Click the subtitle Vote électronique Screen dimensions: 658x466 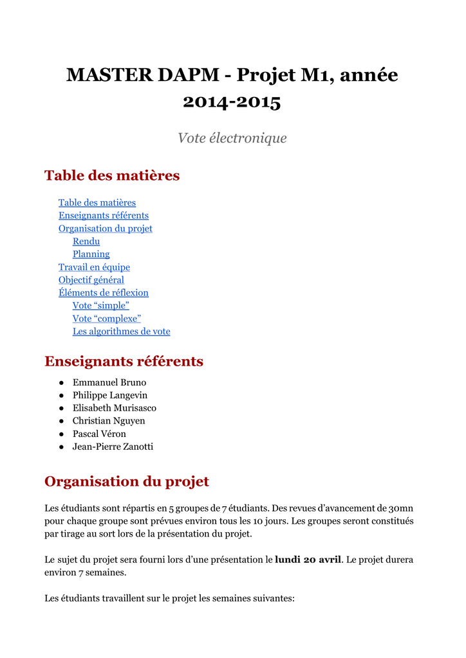coord(232,138)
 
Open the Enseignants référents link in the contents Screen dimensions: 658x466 coord(103,216)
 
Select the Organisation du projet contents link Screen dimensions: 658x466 coord(105,229)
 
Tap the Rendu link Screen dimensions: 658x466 coord(86,242)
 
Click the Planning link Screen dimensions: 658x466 coord(91,254)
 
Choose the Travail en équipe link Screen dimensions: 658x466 coord(94,267)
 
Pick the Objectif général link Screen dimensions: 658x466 coord(91,280)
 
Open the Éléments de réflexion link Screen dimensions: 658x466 coord(103,293)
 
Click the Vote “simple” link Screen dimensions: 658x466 coord(100,306)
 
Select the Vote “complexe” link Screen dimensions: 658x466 coord(106,319)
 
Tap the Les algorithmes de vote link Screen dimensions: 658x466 coord(121,332)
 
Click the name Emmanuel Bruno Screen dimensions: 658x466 coord(109,382)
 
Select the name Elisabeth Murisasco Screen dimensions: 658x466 coord(114,408)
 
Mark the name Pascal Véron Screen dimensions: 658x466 coord(99,434)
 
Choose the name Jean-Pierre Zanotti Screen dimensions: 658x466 coord(113,447)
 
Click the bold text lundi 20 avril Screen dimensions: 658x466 coord(308,560)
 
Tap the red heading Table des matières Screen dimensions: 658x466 coord(112,175)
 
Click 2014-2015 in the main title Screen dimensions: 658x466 coord(232,102)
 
